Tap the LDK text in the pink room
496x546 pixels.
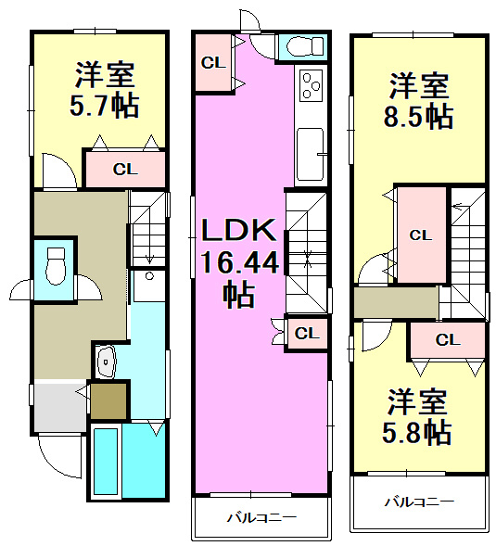(x=235, y=231)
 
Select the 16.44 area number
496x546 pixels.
(x=237, y=263)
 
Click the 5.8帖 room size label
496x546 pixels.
(x=418, y=431)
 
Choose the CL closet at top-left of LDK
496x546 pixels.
(x=212, y=63)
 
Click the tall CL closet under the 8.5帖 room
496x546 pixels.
(x=420, y=235)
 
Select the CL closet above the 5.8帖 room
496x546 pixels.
(x=447, y=339)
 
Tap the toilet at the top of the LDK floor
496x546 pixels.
(x=303, y=45)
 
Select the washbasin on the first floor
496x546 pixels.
(x=108, y=361)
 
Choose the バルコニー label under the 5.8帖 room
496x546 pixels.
(x=419, y=502)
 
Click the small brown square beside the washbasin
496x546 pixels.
(x=108, y=400)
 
